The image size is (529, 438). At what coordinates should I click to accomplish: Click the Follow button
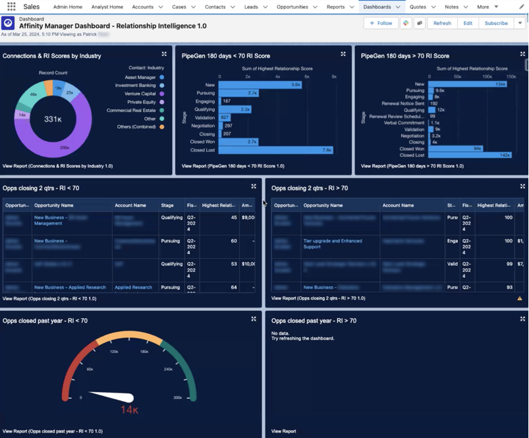click(x=381, y=23)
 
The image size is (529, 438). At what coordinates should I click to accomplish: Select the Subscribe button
click(x=496, y=23)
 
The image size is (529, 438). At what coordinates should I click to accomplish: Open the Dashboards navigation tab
click(x=377, y=7)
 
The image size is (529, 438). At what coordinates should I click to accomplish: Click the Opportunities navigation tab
click(x=292, y=7)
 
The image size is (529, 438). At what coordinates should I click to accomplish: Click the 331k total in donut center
click(x=53, y=119)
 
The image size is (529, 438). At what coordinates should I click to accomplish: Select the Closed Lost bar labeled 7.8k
click(x=275, y=150)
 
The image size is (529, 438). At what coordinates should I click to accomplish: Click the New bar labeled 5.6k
click(x=260, y=84)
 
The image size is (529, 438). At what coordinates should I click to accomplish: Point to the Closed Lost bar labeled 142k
click(x=470, y=155)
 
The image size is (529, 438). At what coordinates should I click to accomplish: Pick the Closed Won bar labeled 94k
click(x=455, y=148)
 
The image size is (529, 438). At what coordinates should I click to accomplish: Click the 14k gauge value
click(x=128, y=410)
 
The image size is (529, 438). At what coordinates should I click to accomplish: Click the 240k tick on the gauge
click(x=169, y=370)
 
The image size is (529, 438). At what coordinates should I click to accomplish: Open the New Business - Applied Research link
click(x=70, y=287)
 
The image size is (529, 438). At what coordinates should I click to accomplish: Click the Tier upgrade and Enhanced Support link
click(x=332, y=244)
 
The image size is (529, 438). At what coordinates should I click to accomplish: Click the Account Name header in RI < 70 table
click(x=130, y=205)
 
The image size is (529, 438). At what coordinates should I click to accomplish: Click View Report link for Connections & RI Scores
click(x=57, y=166)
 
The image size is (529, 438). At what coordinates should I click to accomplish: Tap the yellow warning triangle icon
click(x=519, y=298)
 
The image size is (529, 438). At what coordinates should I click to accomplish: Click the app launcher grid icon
click(x=11, y=7)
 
